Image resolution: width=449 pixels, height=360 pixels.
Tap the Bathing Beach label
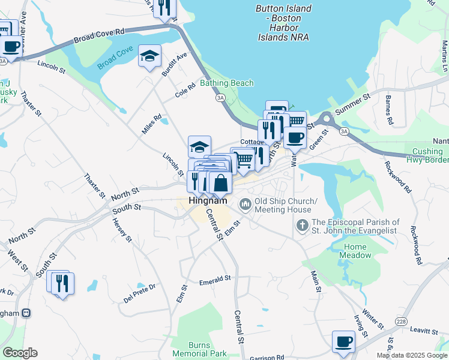pyautogui.click(x=227, y=83)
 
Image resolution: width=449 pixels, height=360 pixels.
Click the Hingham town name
pyautogui.click(x=208, y=202)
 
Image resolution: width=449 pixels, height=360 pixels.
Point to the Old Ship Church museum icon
pyautogui.click(x=245, y=205)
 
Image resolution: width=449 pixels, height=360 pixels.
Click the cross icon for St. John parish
pyautogui.click(x=303, y=226)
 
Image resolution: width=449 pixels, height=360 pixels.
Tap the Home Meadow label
pyautogui.click(x=355, y=251)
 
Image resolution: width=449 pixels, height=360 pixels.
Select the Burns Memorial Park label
pyautogui.click(x=199, y=349)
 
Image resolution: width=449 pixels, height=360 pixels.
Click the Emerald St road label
pyautogui.click(x=215, y=280)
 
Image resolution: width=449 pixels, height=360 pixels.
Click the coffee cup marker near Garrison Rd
pyautogui.click(x=343, y=341)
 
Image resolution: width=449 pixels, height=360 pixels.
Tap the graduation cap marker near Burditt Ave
pyautogui.click(x=149, y=56)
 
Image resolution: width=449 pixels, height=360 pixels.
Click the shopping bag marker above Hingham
pyautogui.click(x=220, y=183)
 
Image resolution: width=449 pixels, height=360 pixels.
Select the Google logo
pyautogui.click(x=20, y=353)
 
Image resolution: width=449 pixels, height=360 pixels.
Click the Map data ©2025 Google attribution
pyautogui.click(x=412, y=355)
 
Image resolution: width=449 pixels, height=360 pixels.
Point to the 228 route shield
pyautogui.click(x=401, y=322)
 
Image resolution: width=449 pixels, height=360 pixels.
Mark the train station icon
pyautogui.click(x=26, y=313)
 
